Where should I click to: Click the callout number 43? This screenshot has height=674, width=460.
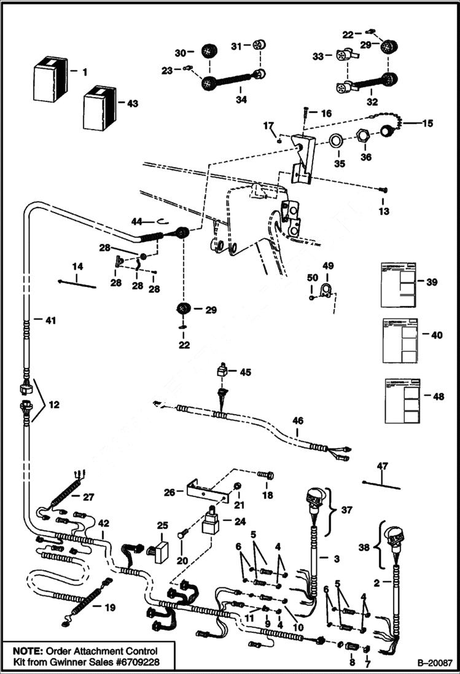[131, 103]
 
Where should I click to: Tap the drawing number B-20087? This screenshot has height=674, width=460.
[434, 663]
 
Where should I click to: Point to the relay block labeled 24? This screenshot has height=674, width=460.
[213, 523]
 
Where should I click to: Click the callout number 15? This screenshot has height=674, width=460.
[427, 123]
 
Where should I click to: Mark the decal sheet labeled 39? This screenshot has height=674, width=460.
[399, 283]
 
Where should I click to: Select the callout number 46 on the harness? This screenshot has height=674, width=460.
[297, 421]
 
